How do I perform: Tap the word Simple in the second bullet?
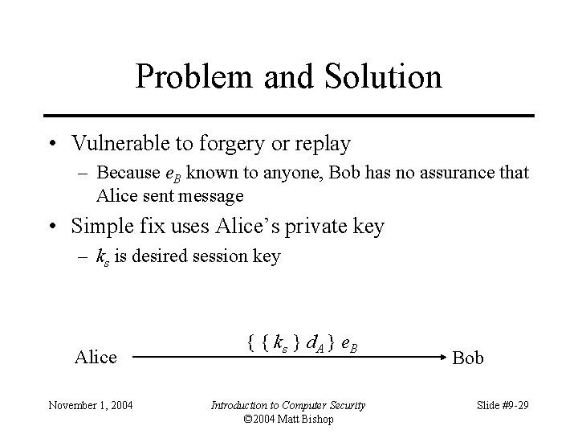point(100,227)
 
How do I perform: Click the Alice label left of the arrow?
point(96,357)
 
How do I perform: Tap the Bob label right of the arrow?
point(469,358)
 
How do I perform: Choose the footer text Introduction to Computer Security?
point(287,405)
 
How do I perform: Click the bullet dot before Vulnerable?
point(51,145)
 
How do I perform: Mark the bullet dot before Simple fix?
point(51,227)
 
